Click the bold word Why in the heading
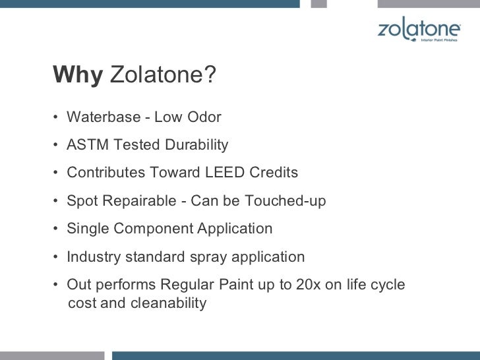tap(78, 76)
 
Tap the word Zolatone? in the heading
tap(163, 76)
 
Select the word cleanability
tap(168, 303)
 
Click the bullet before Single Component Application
tap(58, 229)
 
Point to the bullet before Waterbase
tap(58, 118)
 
